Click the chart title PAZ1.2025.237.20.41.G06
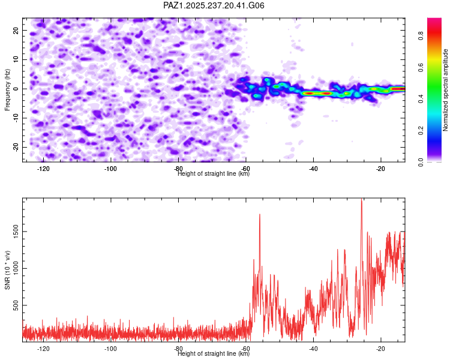click(x=214, y=5)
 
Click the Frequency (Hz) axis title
click(x=7, y=90)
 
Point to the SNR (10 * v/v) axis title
click(x=7, y=270)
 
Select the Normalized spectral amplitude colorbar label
click(x=445, y=90)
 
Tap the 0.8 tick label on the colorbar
click(x=421, y=36)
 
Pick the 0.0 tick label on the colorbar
click(x=421, y=162)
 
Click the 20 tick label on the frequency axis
click(x=16, y=30)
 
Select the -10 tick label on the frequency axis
click(x=16, y=118)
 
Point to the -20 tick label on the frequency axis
click(x=16, y=147)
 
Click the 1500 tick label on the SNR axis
click(x=16, y=232)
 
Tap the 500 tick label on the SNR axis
click(x=16, y=305)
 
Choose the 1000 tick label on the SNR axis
click(x=16, y=268)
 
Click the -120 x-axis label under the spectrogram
click(x=43, y=169)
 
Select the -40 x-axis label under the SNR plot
click(x=313, y=349)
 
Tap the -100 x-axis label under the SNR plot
click(x=110, y=349)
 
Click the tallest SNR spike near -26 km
click(x=361, y=199)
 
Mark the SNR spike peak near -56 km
click(x=260, y=214)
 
